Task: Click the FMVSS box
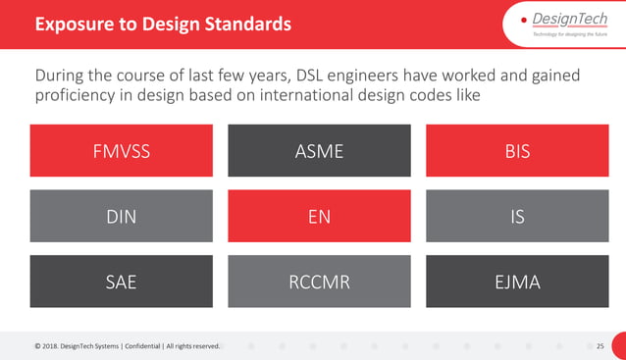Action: tap(122, 151)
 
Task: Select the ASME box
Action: tap(319, 151)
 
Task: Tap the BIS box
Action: tap(516, 151)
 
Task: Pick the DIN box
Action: tap(122, 216)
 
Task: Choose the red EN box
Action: tap(319, 216)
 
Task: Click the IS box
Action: tap(516, 216)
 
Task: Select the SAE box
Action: tap(122, 282)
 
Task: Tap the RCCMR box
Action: tap(319, 282)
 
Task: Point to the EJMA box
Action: tap(516, 282)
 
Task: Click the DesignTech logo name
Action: tap(573, 20)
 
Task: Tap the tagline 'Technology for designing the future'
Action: tap(570, 34)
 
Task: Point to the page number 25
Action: tap(600, 345)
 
